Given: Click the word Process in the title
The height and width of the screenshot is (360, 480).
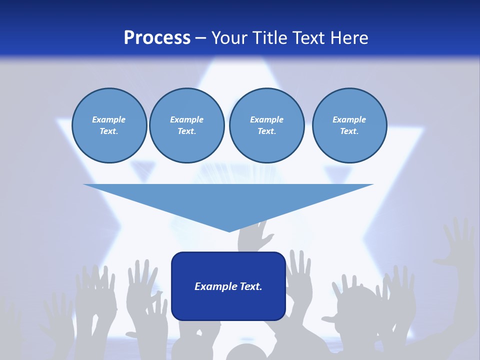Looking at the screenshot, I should coord(157,38).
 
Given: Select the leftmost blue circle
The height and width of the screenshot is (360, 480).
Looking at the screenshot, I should coord(109,125).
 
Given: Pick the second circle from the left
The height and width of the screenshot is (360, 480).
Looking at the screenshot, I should coord(186,125).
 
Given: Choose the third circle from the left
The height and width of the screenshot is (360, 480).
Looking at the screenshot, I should coord(266,125).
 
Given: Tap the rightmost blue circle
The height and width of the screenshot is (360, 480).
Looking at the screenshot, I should coord(349,125).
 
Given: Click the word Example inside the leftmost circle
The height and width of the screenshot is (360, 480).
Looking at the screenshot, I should coord(109,119).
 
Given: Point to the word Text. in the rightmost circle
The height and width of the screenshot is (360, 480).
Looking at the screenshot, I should coord(349,131).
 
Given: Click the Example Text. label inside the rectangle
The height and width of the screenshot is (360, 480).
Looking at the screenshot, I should coord(228,286).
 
